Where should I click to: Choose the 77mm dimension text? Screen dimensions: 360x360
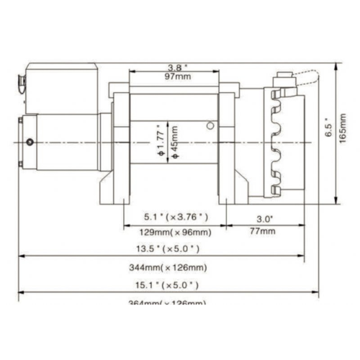click(264, 231)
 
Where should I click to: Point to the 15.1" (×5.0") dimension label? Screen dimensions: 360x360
click(168, 285)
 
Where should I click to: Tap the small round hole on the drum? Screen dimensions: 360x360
click(210, 127)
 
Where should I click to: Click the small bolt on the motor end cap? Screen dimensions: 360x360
click(30, 142)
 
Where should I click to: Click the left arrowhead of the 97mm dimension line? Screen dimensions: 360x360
click(132, 71)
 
